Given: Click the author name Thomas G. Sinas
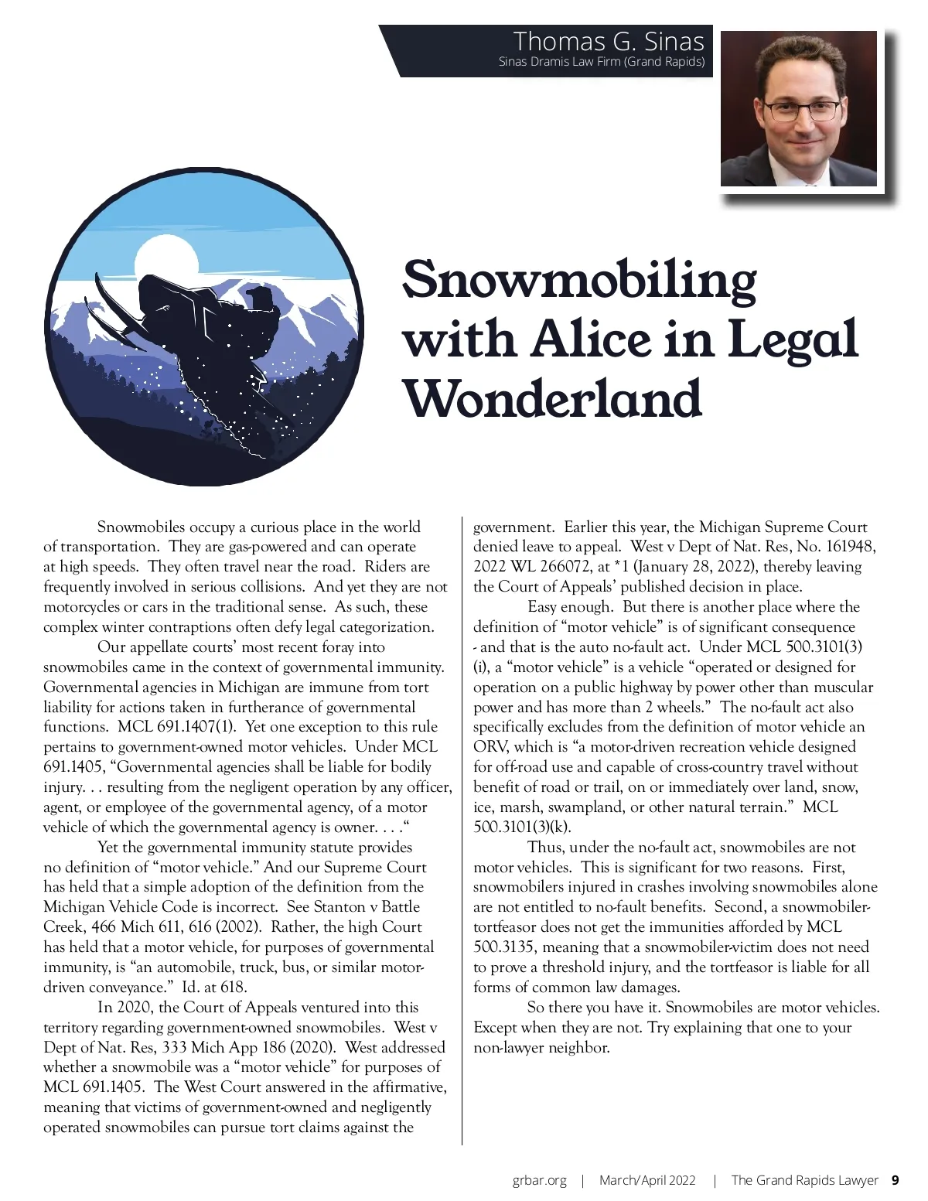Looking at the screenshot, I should click(609, 41).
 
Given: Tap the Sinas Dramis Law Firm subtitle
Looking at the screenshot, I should click(601, 62).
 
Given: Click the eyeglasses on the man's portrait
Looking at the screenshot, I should click(803, 111).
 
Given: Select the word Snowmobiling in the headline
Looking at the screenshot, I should click(579, 279).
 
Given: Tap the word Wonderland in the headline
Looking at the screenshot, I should click(552, 398).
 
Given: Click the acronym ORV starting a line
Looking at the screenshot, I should click(489, 747).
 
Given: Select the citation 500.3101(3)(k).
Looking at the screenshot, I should click(522, 827).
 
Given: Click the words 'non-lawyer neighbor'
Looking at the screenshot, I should click(541, 1048).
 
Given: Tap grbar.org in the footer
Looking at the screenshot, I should click(539, 1180).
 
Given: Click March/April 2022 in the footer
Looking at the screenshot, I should click(647, 1180).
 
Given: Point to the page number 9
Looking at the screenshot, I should click(895, 1180).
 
